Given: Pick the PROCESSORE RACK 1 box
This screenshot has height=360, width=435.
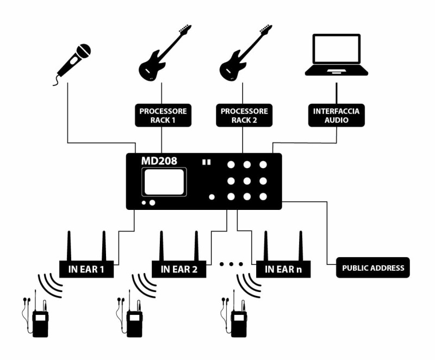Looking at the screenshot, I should tap(163, 115).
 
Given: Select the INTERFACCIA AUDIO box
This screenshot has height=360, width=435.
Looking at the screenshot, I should tap(335, 115).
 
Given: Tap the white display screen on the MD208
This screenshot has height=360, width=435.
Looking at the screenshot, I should tap(164, 181).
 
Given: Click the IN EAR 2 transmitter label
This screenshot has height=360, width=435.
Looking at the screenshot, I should tap(179, 269).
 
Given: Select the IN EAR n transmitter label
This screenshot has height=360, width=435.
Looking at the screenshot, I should tap(283, 269).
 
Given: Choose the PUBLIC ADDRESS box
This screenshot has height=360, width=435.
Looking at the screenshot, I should tap(372, 268).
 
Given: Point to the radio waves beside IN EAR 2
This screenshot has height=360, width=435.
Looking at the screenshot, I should tap(143, 284).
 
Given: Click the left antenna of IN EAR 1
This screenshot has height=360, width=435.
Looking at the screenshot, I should tap(70, 245).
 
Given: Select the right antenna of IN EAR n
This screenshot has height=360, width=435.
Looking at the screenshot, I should tap(300, 245).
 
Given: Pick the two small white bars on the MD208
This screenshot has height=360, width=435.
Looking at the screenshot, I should tap(206, 162).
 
